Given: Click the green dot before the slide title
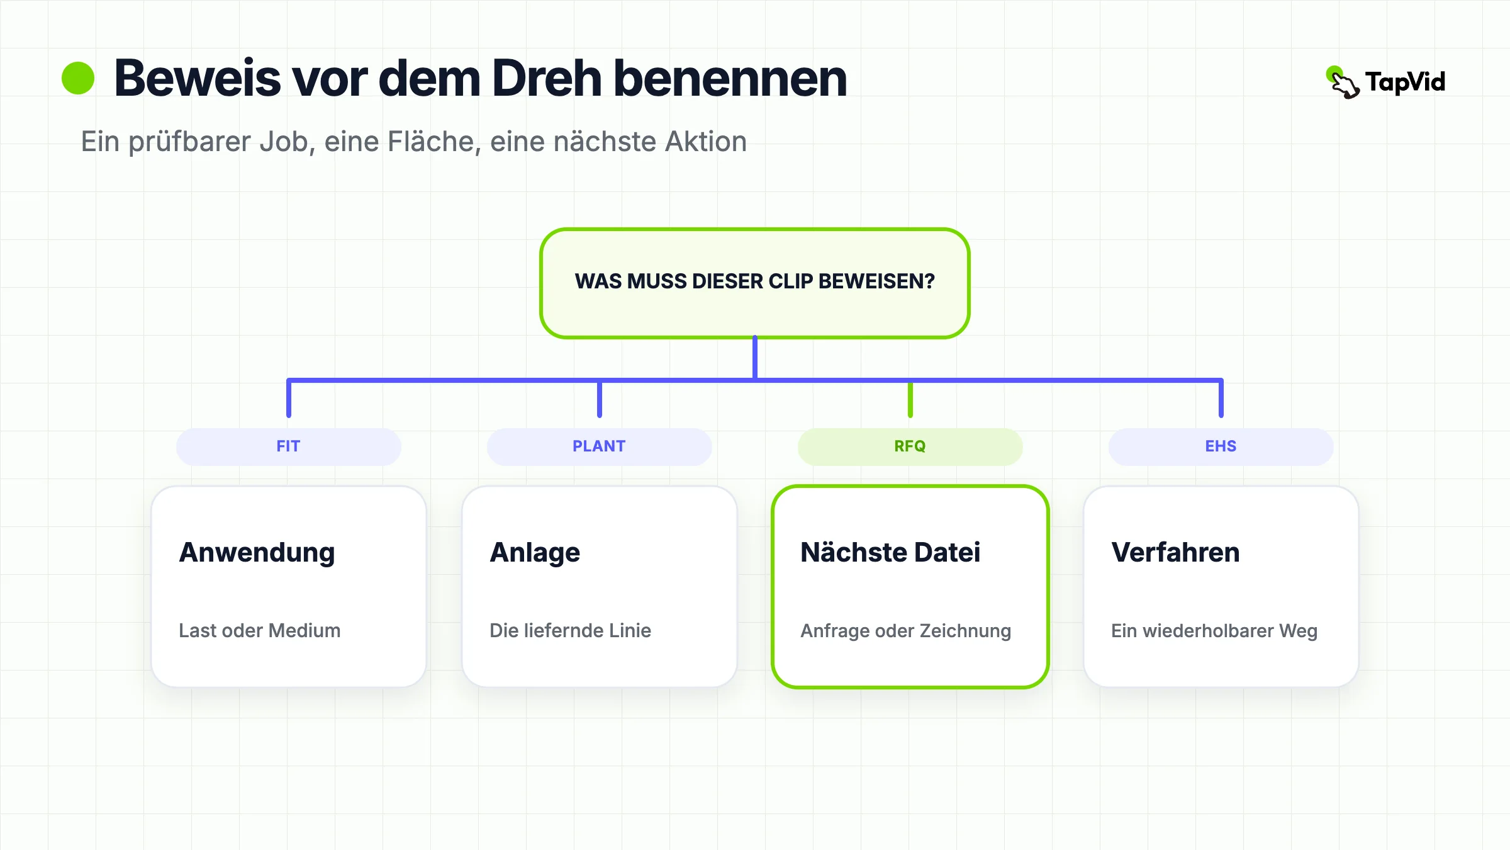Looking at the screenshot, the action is pos(78,78).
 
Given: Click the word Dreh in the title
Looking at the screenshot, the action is pos(547,78).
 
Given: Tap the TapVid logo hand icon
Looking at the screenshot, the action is pos(1343,82).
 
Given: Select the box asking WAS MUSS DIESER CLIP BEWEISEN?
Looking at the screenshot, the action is pos(755,283).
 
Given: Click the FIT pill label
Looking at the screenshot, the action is pos(289,446).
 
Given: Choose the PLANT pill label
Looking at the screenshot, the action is pos(600,446).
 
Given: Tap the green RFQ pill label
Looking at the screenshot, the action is pos(910,446).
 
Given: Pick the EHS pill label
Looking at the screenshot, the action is pos(1221,446).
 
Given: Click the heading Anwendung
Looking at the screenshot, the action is pos(257,553).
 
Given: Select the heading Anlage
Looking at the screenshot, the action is pos(535,553).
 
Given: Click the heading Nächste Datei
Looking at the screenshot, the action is pos(890,552).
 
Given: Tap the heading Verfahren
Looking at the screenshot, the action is pos(1175,552).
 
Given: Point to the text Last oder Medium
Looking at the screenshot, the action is pos(259,630).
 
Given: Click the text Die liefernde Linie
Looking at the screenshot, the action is pos(570,630).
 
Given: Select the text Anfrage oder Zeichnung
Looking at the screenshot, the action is pos(905,631).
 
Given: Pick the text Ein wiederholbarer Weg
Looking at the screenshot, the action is pos(1214,631).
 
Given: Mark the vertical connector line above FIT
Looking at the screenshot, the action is pos(289,398).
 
